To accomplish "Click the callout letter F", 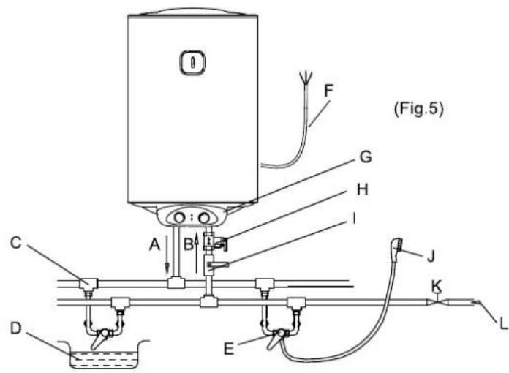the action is [x=328, y=91].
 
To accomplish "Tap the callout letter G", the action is [x=366, y=157].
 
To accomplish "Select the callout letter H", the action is [x=362, y=189].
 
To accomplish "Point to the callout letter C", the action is [x=16, y=243].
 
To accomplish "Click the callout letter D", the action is [x=16, y=328].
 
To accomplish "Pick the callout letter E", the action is [x=229, y=350].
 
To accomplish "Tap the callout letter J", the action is [x=431, y=256].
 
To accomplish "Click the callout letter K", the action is [x=437, y=286].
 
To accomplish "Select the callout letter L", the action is [x=503, y=324].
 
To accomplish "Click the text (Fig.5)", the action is [x=419, y=109].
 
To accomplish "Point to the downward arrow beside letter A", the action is [x=167, y=255].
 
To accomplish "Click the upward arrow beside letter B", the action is [x=196, y=253].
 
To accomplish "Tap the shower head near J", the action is [x=396, y=246].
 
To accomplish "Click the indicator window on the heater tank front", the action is [x=192, y=62].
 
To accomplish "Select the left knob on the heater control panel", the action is [x=179, y=218].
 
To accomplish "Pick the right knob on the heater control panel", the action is [x=204, y=218].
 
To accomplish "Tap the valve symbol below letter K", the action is [x=437, y=301].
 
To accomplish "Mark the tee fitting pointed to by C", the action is [x=88, y=285].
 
